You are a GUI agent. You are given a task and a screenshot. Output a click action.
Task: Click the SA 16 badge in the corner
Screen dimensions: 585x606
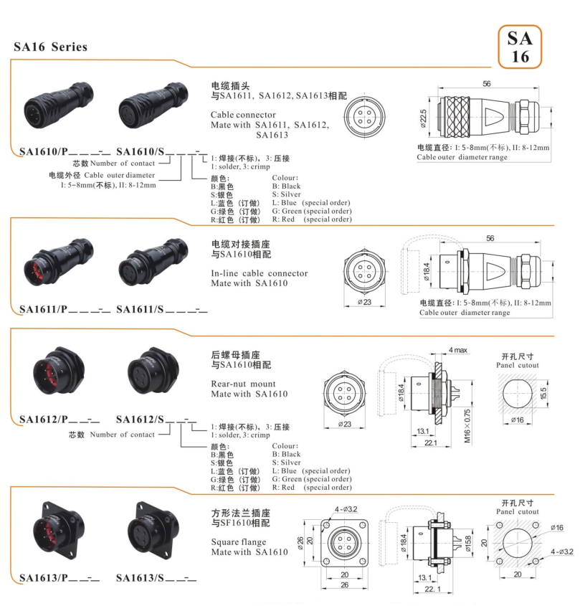[x=520, y=47]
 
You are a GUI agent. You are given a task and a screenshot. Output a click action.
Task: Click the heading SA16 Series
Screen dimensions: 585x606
[x=51, y=47]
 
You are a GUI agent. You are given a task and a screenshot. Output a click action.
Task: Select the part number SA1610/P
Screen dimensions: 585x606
[x=43, y=151]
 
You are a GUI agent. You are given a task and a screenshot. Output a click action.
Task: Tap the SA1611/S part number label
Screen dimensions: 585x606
[x=140, y=309]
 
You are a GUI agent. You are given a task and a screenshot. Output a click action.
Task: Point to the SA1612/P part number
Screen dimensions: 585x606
[x=43, y=419]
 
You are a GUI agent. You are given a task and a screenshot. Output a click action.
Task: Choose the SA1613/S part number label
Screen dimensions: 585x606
[x=140, y=578]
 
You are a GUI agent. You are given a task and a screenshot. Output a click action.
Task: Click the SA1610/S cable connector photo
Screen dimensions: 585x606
[x=153, y=105]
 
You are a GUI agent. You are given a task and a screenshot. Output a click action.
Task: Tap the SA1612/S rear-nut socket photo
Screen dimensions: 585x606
[x=153, y=370]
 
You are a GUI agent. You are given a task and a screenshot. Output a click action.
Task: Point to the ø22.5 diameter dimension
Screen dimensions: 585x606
[x=423, y=118]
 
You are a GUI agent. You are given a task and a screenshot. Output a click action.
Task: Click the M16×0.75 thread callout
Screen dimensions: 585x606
[x=467, y=426]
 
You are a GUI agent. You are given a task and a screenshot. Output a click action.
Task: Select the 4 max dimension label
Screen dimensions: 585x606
[x=458, y=350]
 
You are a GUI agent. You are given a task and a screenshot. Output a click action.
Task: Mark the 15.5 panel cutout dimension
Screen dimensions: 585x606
[x=543, y=394]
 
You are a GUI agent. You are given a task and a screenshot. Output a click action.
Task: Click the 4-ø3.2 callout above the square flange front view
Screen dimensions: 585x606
[x=346, y=509]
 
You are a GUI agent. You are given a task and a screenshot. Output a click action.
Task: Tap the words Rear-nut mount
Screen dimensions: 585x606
[x=243, y=384]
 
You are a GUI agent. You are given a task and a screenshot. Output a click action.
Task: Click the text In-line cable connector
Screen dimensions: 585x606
[x=260, y=273]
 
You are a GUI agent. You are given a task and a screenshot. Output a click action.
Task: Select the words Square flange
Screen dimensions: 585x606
[x=239, y=542]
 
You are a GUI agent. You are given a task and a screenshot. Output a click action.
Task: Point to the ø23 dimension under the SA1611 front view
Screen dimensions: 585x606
[x=364, y=302]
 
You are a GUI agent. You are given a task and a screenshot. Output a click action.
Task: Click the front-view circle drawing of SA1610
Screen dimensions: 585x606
[x=365, y=117]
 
